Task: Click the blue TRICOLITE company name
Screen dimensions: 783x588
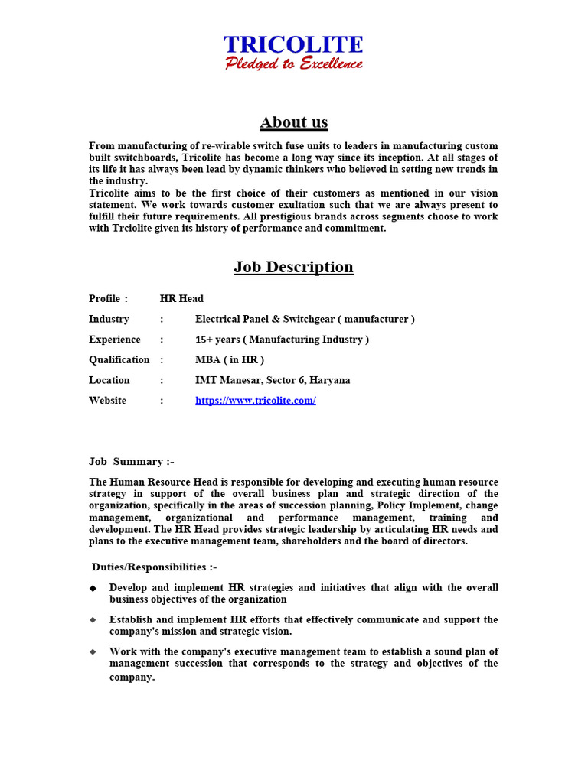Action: pyautogui.click(x=293, y=45)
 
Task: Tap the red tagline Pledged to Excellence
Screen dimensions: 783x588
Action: pyautogui.click(x=293, y=63)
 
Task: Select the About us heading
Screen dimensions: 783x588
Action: pyautogui.click(x=293, y=122)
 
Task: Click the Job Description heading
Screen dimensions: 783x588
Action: pyautogui.click(x=293, y=267)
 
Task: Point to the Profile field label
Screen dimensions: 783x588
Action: pyautogui.click(x=104, y=298)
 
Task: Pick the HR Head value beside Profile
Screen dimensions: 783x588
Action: pyautogui.click(x=181, y=298)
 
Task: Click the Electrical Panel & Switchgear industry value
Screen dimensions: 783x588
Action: pyautogui.click(x=305, y=319)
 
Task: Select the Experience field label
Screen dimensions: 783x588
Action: pyautogui.click(x=115, y=340)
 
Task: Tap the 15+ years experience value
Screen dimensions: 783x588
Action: pyautogui.click(x=282, y=340)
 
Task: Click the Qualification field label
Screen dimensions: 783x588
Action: pyautogui.click(x=119, y=359)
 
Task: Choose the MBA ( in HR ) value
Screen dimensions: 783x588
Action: pyautogui.click(x=230, y=359)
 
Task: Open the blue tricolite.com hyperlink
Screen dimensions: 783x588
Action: pyautogui.click(x=256, y=401)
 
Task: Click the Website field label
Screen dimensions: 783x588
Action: pyautogui.click(x=108, y=401)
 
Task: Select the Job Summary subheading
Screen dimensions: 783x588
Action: pyautogui.click(x=132, y=461)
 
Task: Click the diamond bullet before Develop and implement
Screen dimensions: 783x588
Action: pyautogui.click(x=93, y=588)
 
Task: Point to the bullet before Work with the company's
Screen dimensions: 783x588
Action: pyautogui.click(x=93, y=652)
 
